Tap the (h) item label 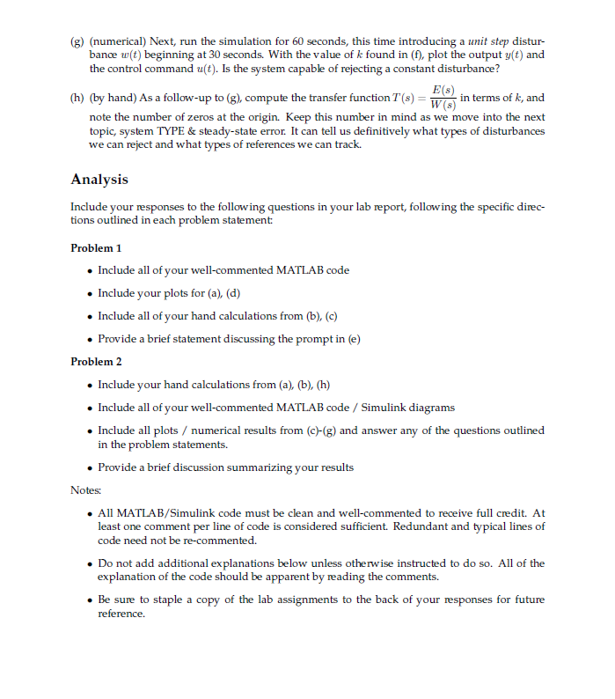(77, 99)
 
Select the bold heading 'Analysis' (99, 180)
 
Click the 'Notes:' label (85, 489)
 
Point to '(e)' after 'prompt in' (352, 339)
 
